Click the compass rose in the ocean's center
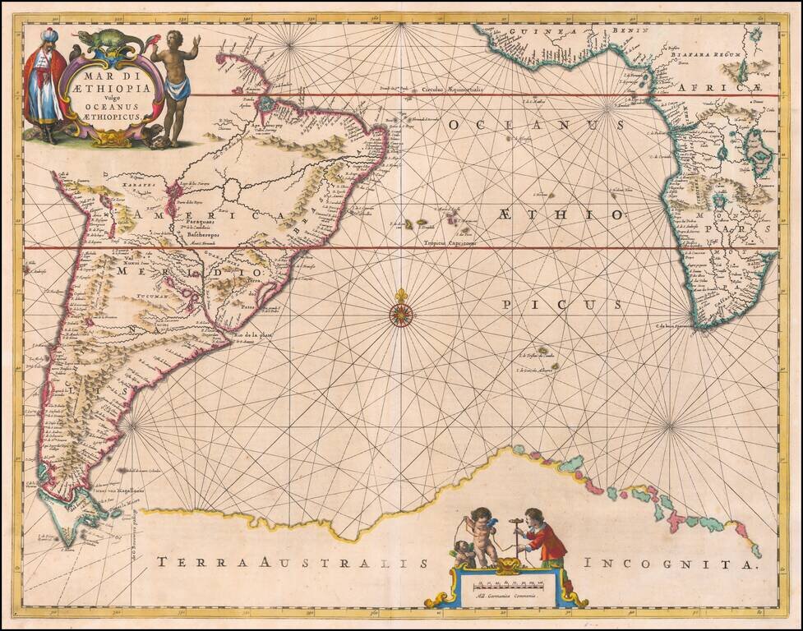coord(401,313)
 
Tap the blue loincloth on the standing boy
coord(177,87)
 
